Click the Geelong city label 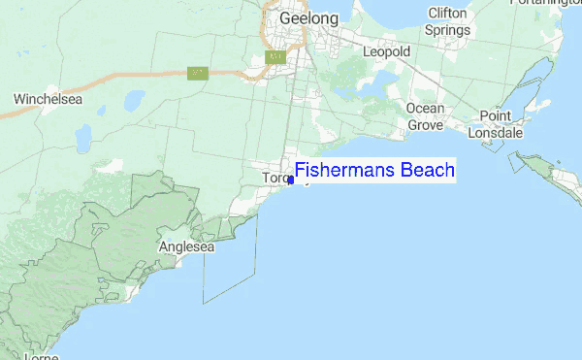pyautogui.click(x=308, y=18)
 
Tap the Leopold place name pyautogui.click(x=387, y=50)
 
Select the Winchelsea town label pyautogui.click(x=46, y=99)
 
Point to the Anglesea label pyautogui.click(x=185, y=247)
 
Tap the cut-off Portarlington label pyautogui.click(x=548, y=4)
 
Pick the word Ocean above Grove pyautogui.click(x=426, y=109)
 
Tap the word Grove pyautogui.click(x=426, y=125)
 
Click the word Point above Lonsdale pyautogui.click(x=495, y=116)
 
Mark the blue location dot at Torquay pyautogui.click(x=291, y=180)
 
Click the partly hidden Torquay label pyautogui.click(x=275, y=178)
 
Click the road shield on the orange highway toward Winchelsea pyautogui.click(x=197, y=73)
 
